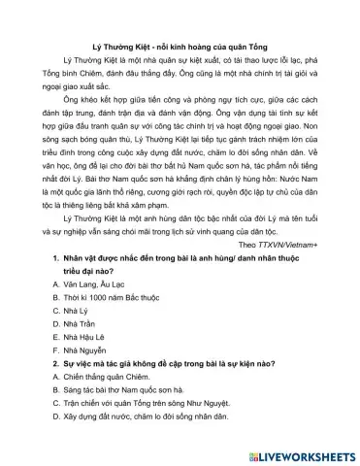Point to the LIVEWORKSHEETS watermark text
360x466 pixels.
[x=300, y=453]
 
